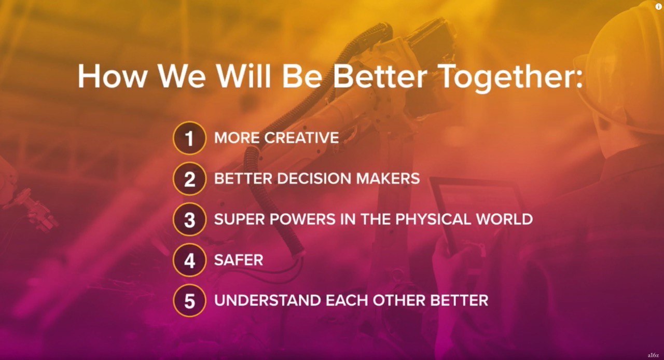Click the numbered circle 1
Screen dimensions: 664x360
[x=189, y=138]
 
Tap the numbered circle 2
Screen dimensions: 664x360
[x=189, y=178]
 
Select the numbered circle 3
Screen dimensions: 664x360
[x=189, y=219]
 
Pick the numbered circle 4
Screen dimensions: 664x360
[x=189, y=260]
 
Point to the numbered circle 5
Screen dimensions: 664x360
[x=189, y=300]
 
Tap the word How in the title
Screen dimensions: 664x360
[x=112, y=76]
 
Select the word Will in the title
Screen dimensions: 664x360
[x=244, y=75]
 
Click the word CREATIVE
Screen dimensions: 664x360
[x=301, y=137]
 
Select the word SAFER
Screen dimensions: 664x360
[x=239, y=260]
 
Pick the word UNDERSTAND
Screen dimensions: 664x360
[x=268, y=300]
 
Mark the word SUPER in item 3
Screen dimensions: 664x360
[x=239, y=219]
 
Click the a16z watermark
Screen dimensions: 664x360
[x=653, y=355]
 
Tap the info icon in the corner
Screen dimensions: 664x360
[x=658, y=7]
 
